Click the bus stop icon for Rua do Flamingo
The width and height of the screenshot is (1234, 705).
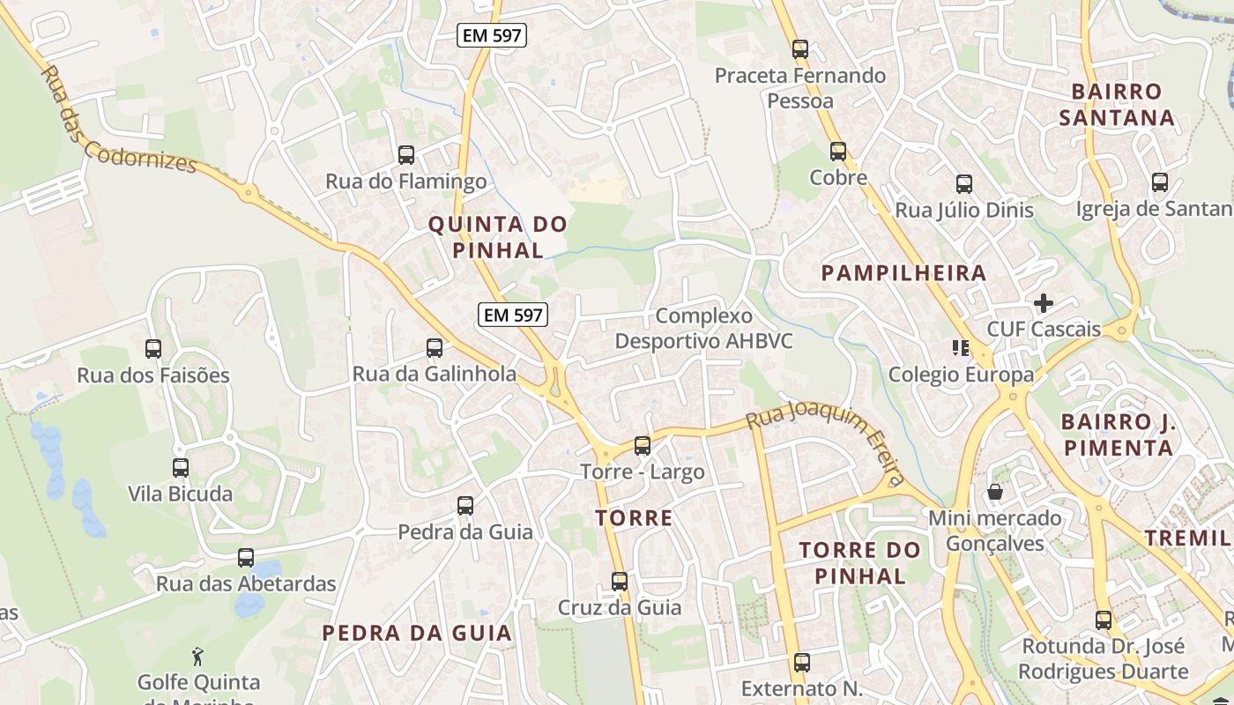(x=406, y=155)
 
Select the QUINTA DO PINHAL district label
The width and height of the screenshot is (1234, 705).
(x=498, y=237)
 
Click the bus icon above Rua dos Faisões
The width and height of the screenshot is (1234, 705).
(x=153, y=349)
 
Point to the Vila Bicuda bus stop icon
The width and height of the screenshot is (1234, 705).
(x=181, y=468)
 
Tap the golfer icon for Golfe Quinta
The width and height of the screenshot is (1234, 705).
(x=198, y=657)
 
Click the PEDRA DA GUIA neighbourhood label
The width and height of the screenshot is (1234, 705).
(x=417, y=633)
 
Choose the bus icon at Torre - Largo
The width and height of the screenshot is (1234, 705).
(x=643, y=446)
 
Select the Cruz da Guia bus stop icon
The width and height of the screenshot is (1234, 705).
(x=620, y=582)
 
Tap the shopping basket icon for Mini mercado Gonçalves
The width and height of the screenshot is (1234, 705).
(x=995, y=492)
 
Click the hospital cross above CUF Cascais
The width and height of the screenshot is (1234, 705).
(x=1044, y=304)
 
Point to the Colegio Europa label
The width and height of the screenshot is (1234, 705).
(x=961, y=375)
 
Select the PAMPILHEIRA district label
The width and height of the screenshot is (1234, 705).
(x=903, y=273)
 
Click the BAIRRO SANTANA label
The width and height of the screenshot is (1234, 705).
(x=1117, y=104)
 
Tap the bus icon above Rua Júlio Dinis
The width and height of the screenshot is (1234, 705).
(x=964, y=184)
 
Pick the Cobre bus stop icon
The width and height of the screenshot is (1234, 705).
(x=838, y=152)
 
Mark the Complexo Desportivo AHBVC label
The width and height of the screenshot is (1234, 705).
(x=704, y=328)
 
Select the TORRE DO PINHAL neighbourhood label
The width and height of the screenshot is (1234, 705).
(x=859, y=563)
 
